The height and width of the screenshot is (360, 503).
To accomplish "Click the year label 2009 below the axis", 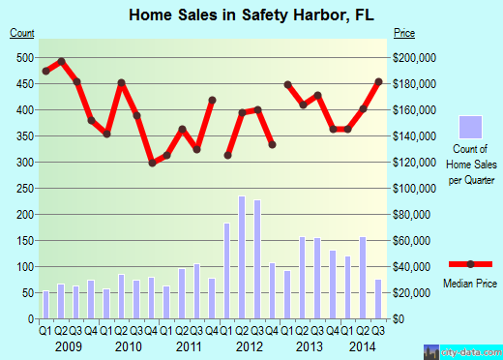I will click(67, 345).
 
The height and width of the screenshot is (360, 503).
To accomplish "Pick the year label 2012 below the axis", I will click(250, 345).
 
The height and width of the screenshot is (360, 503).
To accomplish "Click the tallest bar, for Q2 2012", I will click(242, 256).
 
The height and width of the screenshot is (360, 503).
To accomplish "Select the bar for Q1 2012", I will click(227, 270).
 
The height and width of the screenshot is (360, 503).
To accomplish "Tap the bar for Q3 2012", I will click(256, 258).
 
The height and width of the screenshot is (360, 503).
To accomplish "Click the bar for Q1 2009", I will click(45, 304).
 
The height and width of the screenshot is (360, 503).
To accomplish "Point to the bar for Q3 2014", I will click(378, 298).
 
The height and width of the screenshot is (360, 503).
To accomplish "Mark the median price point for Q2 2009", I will click(61, 61).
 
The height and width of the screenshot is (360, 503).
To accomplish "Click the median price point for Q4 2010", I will click(152, 163).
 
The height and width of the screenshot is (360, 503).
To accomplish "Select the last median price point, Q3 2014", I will click(378, 81).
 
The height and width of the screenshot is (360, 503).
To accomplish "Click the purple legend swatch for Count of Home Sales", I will click(470, 128).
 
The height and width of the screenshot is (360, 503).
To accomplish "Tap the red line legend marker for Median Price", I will click(471, 264).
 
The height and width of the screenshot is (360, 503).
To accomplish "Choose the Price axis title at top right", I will click(405, 34).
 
